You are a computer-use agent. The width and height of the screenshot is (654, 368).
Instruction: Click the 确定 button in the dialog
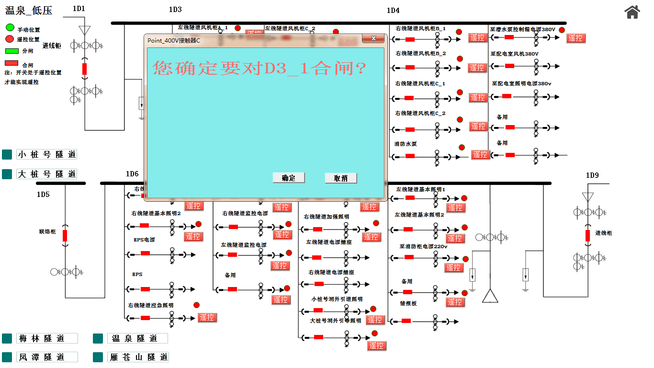click(289, 178)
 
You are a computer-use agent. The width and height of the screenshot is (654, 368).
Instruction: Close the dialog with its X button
click(373, 39)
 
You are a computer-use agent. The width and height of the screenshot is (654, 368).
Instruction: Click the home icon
click(632, 12)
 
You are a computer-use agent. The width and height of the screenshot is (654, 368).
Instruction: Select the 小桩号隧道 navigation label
click(46, 154)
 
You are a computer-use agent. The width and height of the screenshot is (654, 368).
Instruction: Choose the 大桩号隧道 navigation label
click(46, 174)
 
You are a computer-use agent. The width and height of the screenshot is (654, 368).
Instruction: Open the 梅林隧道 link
click(47, 338)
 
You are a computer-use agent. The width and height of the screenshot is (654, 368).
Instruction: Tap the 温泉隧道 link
click(137, 338)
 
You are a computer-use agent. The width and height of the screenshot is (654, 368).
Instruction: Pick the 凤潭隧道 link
click(47, 357)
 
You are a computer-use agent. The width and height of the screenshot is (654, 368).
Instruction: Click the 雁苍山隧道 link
click(138, 357)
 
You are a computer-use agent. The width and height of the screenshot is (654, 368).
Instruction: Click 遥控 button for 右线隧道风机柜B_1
click(477, 37)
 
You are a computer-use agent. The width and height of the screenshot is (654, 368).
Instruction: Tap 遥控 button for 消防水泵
click(480, 154)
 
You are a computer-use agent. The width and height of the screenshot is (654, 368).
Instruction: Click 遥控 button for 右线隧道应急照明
click(207, 317)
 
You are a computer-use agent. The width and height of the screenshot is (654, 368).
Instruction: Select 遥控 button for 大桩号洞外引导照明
click(376, 345)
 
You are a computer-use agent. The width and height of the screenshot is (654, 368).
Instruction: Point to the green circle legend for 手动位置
click(10, 28)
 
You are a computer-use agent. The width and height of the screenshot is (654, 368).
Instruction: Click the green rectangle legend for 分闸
click(11, 50)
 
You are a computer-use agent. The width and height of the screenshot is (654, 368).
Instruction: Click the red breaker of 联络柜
click(65, 236)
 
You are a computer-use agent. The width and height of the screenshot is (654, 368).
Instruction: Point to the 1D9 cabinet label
click(592, 175)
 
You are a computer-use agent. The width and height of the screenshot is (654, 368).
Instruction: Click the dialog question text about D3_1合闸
click(259, 69)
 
